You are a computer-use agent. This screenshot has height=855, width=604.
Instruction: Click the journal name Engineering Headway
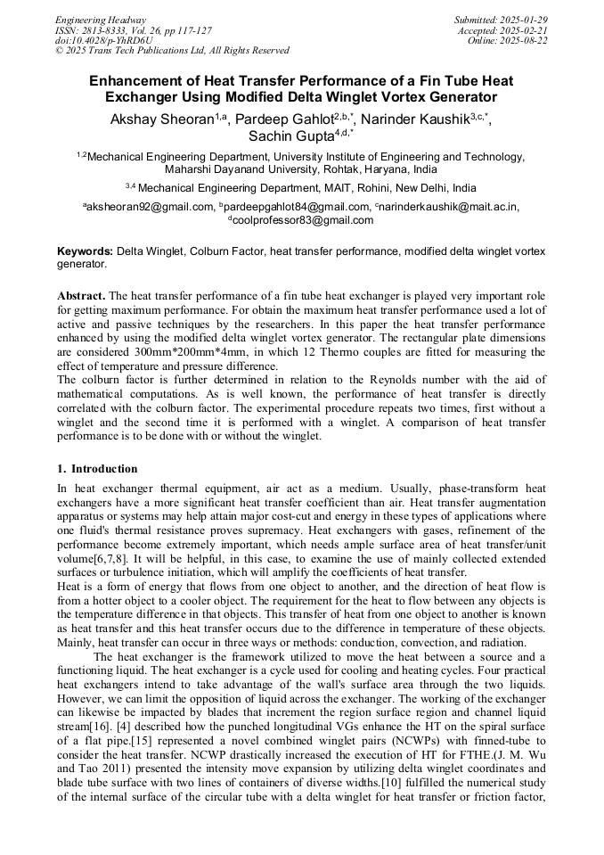click(101, 20)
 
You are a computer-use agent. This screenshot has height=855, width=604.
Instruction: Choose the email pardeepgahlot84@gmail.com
click(298, 207)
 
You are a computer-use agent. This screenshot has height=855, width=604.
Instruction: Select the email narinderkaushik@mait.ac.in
click(451, 207)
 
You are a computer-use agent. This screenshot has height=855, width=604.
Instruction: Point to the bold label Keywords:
click(86, 252)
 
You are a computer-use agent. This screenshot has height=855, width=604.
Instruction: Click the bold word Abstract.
click(81, 295)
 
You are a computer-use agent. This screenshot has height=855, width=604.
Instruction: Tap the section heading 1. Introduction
click(97, 469)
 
